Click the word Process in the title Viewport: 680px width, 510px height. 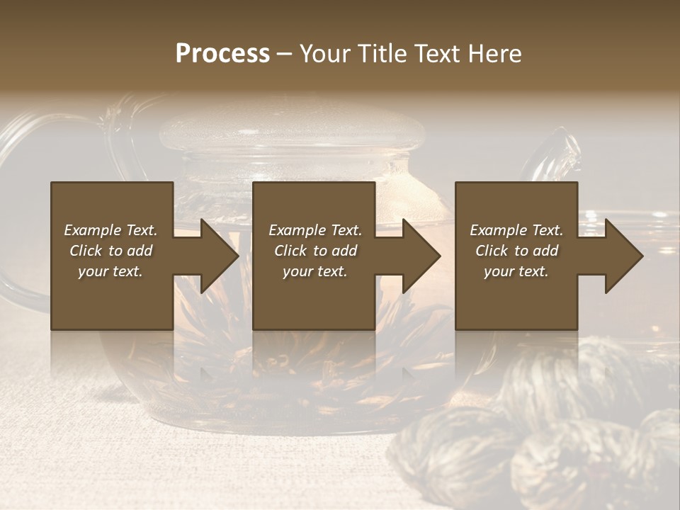222,54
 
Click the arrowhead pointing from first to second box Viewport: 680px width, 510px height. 216,256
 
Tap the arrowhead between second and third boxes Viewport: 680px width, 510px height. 419,256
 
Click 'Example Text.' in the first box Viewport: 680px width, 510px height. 111,230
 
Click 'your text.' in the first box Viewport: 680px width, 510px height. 111,271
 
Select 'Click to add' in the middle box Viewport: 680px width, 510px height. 315,251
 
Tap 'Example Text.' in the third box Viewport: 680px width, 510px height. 516,230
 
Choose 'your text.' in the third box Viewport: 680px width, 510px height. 516,271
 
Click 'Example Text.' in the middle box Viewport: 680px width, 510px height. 315,230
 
